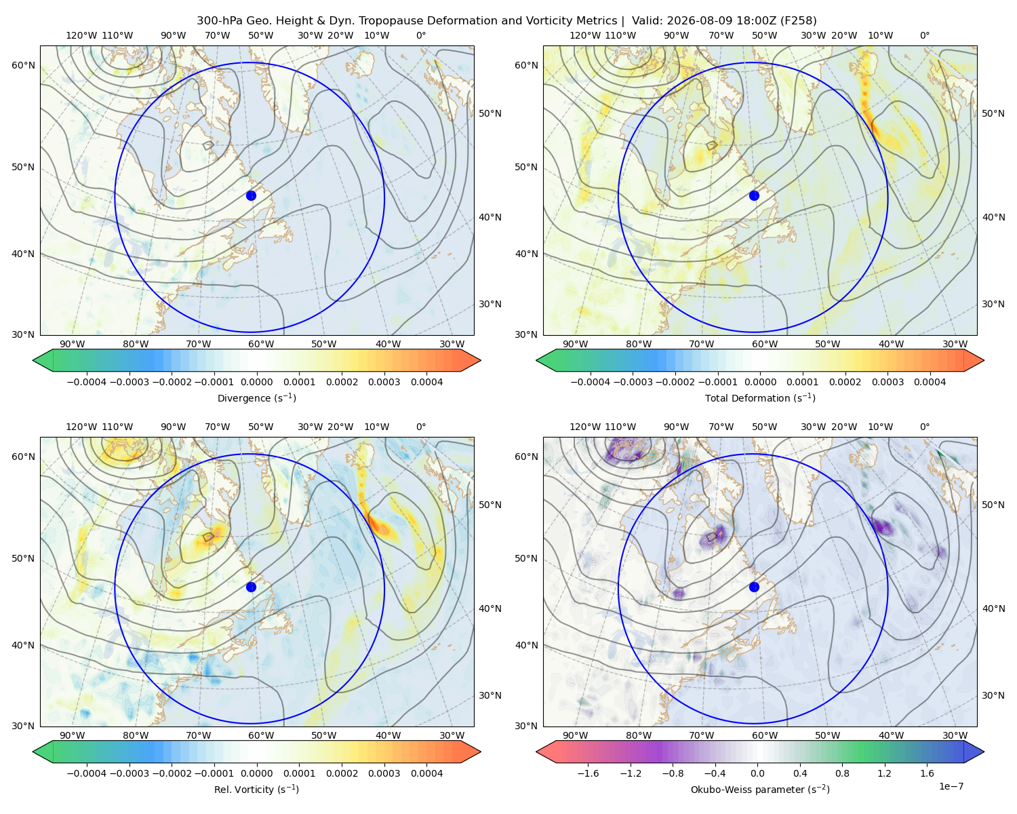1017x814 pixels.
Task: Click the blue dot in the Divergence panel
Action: [251, 195]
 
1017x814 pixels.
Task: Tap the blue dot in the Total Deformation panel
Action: [754, 195]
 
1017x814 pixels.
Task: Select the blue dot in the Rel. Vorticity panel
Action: [251, 587]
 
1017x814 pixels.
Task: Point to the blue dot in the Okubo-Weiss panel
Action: [754, 587]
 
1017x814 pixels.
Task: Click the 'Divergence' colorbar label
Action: [256, 398]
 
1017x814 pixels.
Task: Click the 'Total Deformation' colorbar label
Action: [760, 398]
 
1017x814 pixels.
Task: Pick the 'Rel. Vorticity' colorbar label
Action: [256, 790]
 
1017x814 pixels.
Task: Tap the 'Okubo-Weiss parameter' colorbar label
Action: [760, 790]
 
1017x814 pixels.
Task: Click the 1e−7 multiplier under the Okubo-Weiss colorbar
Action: [951, 786]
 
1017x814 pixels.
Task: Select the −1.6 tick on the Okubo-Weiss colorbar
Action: [588, 773]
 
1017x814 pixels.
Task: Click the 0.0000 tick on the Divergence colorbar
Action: [256, 382]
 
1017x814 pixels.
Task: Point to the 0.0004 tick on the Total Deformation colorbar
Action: [930, 382]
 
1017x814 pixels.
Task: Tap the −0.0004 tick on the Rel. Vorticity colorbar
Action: [87, 773]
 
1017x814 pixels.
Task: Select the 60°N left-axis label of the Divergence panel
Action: [23, 65]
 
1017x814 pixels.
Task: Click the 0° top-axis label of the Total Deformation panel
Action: [925, 35]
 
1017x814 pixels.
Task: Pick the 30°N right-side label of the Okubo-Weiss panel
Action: [993, 695]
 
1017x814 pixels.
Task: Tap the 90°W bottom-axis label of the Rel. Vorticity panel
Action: [73, 735]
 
